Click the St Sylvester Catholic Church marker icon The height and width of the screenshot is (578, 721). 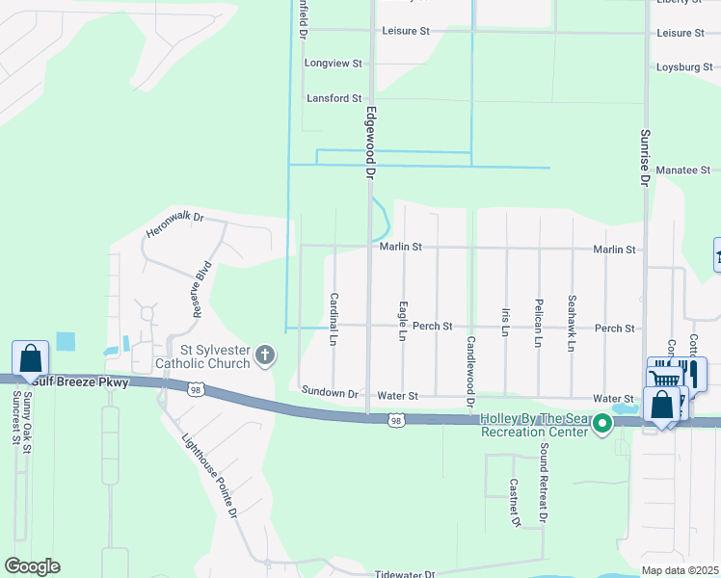click(265, 357)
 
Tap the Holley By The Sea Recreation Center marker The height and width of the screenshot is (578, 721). click(603, 423)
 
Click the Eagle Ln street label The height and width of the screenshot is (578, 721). click(402, 322)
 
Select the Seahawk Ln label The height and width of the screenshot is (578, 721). click(572, 323)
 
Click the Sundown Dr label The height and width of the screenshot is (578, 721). click(329, 393)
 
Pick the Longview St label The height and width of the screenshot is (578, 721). click(333, 64)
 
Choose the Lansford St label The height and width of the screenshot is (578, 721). click(334, 98)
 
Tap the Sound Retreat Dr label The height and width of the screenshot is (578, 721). click(544, 484)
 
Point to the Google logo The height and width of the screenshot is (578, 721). click(32, 566)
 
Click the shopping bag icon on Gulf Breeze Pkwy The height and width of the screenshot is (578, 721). click(31, 358)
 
